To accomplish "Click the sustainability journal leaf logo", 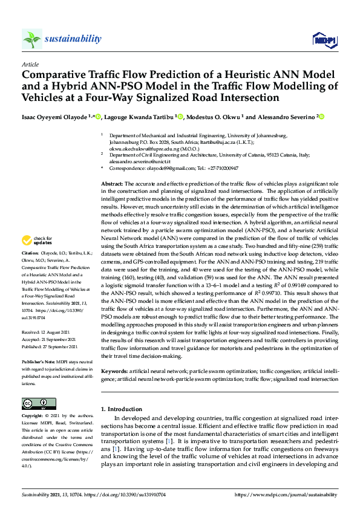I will click(32, 39).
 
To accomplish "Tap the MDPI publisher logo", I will click(324, 40).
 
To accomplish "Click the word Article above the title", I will click(30, 63).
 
